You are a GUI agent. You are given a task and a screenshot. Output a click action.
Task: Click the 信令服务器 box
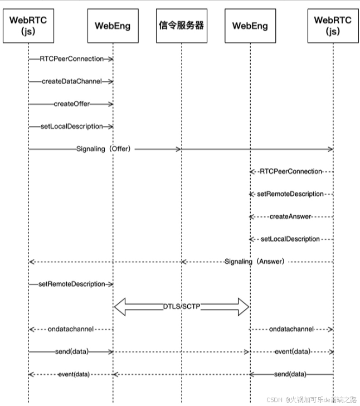click(x=181, y=26)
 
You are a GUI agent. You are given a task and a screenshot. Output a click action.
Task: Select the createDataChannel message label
click(x=71, y=81)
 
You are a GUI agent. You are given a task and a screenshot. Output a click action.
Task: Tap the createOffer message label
click(x=71, y=104)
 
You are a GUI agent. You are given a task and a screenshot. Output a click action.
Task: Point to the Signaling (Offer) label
click(x=103, y=149)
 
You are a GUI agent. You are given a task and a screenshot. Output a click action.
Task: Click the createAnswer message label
click(x=290, y=216)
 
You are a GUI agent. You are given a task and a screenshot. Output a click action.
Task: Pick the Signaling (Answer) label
click(x=254, y=262)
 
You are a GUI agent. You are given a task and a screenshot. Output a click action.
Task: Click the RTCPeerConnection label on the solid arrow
click(x=71, y=59)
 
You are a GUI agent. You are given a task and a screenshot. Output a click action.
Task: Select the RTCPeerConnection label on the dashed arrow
click(x=291, y=172)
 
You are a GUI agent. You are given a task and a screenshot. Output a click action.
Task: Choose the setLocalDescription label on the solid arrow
click(x=71, y=127)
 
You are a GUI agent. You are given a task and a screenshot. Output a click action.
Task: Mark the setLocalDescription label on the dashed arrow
click(x=290, y=239)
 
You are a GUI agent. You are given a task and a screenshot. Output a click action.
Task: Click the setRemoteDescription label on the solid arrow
click(x=71, y=284)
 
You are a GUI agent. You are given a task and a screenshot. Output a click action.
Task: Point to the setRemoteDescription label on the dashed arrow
click(x=290, y=194)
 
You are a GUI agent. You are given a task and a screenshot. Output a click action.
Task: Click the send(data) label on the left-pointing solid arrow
click(x=290, y=374)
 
